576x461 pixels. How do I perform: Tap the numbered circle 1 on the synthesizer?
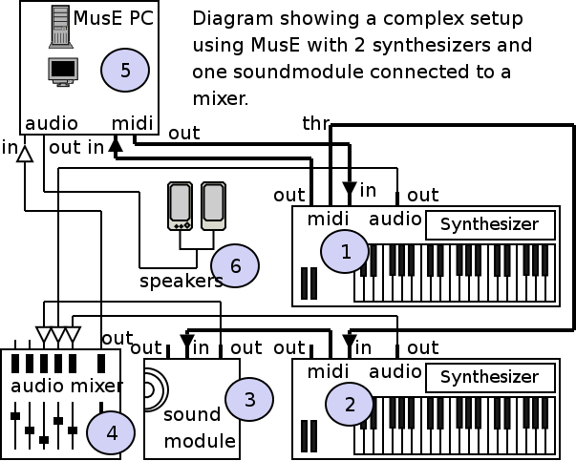pos(345,251)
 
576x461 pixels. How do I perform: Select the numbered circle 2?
pos(350,403)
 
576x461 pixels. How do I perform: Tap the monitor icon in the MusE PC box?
pos(63,72)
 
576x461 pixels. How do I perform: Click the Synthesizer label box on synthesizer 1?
pos(490,226)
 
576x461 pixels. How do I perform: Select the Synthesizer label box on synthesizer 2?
pos(489,377)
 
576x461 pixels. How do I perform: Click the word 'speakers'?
pos(181,282)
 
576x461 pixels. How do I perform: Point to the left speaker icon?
pos(180,206)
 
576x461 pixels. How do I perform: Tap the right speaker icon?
pos(212,206)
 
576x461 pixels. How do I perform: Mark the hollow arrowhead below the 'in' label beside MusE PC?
pos(26,153)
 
